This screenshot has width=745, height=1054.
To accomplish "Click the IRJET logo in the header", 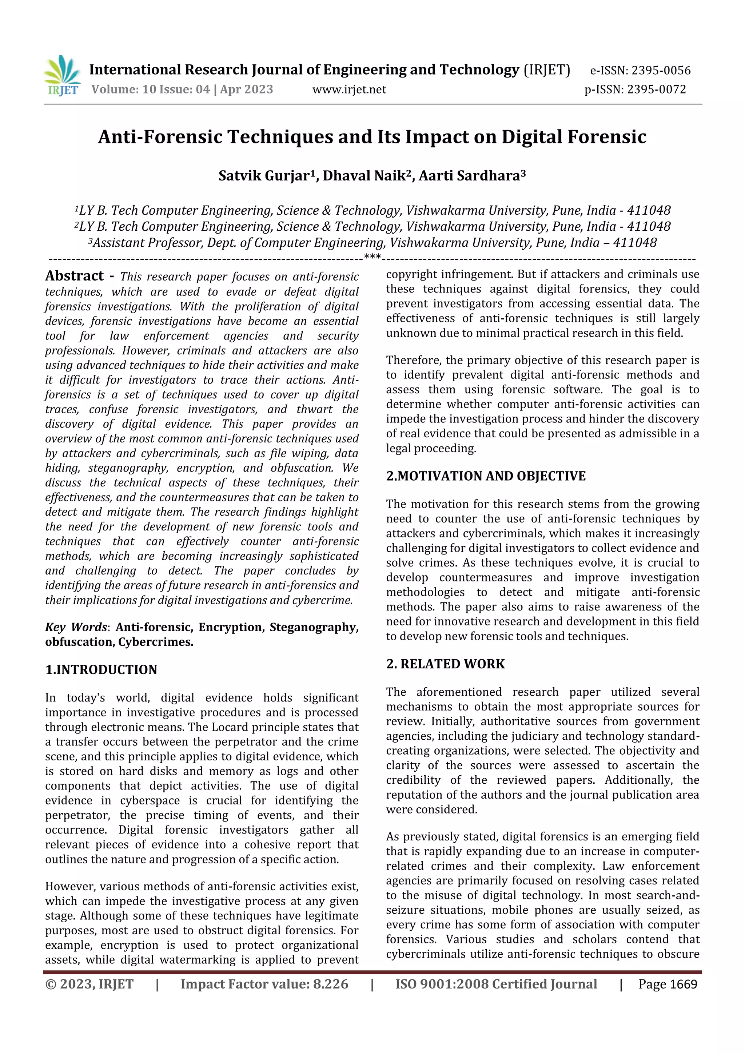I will point(63,76).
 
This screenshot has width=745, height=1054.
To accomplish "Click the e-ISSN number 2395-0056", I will point(661,71).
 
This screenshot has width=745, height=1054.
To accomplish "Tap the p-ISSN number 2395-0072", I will point(656,90).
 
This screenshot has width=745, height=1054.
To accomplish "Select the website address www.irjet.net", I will point(349,90).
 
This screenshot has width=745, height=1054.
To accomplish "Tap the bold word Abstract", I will point(74,276).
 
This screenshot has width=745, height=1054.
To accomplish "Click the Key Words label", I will point(76,627).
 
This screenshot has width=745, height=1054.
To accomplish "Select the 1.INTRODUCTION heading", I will point(101,669).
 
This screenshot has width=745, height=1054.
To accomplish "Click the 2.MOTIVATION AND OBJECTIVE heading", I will point(486,476).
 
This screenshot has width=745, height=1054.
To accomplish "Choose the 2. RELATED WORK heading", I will point(445,664).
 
